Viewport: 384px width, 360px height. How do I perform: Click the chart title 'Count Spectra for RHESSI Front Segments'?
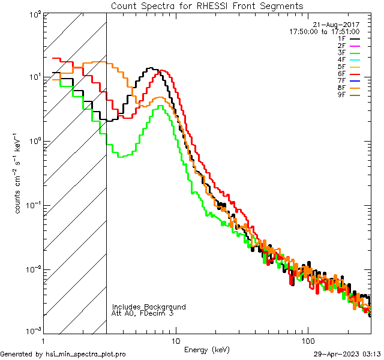point(207,5)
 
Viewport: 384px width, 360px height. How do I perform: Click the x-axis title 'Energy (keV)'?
point(206,350)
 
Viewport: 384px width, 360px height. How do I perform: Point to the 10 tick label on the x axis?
point(175,341)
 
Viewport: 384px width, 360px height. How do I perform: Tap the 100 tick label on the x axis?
point(307,341)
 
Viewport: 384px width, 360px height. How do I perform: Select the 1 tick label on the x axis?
point(44,341)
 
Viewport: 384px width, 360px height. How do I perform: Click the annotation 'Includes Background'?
point(149,307)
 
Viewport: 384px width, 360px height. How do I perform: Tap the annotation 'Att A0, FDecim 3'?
point(143,314)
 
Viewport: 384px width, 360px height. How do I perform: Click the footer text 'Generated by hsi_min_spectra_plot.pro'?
point(63,354)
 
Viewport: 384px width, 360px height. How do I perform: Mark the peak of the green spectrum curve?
point(160,106)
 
